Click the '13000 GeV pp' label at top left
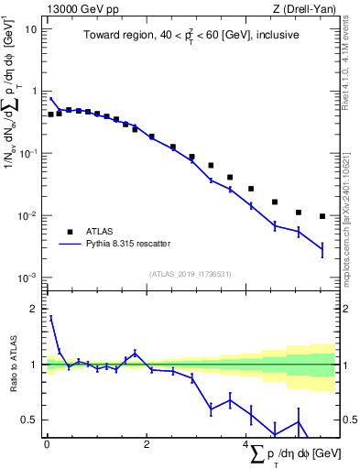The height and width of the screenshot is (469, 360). coord(81,8)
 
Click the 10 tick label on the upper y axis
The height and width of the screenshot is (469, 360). coord(31,29)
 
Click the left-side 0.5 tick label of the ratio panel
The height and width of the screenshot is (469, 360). coord(29,420)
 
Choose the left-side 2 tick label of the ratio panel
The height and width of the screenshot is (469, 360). coord(35,310)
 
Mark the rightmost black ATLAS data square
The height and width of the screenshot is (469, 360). coord(322,216)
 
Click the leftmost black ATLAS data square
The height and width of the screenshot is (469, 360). coord(50,115)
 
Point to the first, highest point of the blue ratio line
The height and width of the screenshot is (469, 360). coord(50,317)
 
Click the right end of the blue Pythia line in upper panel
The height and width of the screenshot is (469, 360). coord(322,249)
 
